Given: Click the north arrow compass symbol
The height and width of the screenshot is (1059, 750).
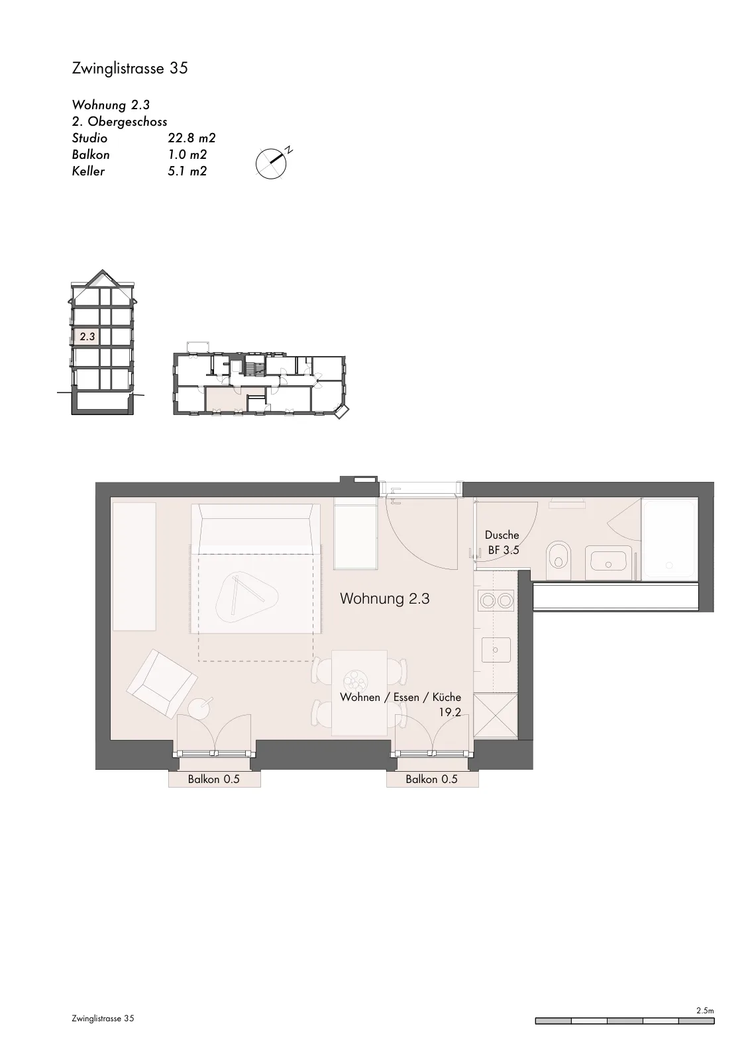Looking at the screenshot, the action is point(271,163).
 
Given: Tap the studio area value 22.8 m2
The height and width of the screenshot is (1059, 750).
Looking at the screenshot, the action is point(191,138).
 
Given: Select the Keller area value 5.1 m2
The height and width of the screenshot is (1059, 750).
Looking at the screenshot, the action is point(187,171).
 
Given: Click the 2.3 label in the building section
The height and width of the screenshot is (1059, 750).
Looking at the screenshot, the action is point(87,337).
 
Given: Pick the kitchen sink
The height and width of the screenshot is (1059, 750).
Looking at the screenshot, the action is point(496,649).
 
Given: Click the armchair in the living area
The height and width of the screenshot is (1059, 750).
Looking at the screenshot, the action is point(162,683).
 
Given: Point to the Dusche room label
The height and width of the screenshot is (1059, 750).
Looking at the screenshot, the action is point(502,535).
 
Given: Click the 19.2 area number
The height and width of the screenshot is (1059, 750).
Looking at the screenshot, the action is point(449,712).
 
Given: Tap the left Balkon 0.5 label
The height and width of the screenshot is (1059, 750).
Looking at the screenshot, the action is point(214,779).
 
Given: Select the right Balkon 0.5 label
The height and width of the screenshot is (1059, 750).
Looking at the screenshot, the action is point(431,779).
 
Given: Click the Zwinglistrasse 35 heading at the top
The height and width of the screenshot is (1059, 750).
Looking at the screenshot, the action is point(130,69).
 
